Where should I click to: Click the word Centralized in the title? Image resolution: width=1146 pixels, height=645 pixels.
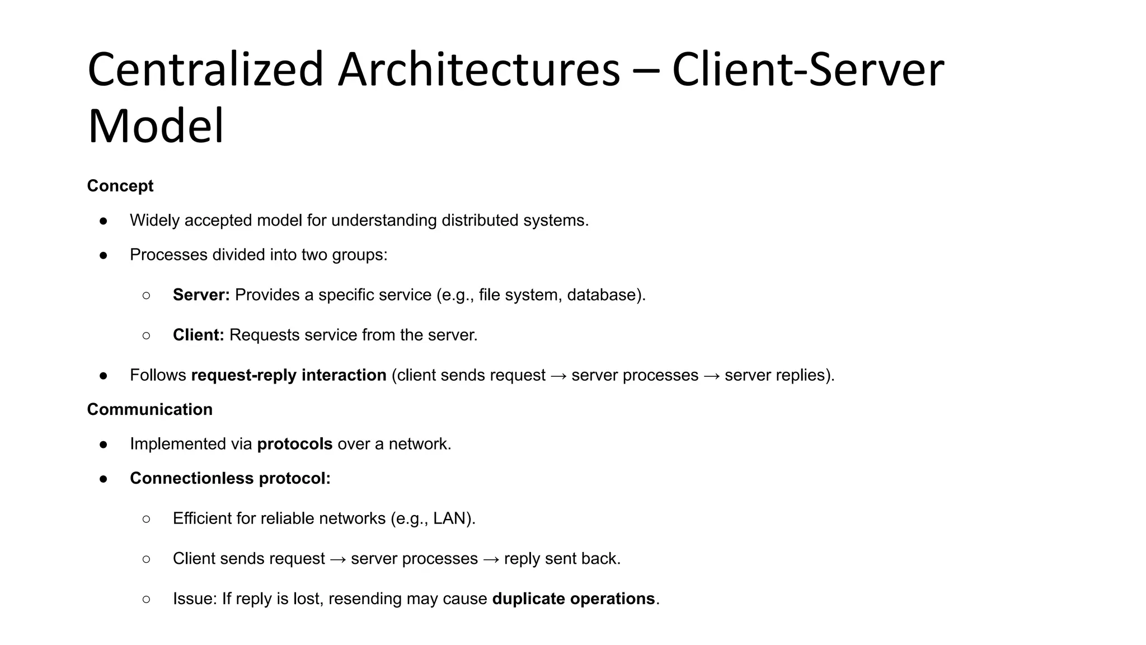tap(205, 70)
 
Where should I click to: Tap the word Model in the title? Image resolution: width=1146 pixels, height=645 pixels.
tap(156, 127)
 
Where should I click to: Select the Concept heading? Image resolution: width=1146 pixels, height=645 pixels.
tap(120, 186)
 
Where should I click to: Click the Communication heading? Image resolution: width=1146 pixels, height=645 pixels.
tap(149, 409)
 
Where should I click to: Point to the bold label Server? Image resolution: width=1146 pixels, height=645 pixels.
tap(201, 295)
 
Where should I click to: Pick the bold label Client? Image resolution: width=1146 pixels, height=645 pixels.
tap(198, 335)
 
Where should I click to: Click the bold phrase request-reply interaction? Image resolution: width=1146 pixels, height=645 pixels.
tap(289, 375)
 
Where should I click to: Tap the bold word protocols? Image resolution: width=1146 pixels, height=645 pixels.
tap(294, 444)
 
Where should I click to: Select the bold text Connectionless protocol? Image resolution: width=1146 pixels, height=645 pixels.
tap(230, 478)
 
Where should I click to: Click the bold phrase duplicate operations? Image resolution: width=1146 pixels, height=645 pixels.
tap(573, 599)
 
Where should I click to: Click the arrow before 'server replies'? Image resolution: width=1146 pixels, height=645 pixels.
tap(711, 376)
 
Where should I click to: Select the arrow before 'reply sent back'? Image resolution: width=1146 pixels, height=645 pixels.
tap(491, 559)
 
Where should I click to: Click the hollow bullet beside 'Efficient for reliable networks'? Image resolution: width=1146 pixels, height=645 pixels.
tap(147, 519)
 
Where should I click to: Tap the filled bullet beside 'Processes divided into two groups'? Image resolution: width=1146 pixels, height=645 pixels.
tap(104, 255)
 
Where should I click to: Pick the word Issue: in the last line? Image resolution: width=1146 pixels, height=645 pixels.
tap(195, 599)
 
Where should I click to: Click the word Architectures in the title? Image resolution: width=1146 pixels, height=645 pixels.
tap(479, 70)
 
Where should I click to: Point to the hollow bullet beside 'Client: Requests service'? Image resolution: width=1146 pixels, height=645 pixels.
tap(147, 335)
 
